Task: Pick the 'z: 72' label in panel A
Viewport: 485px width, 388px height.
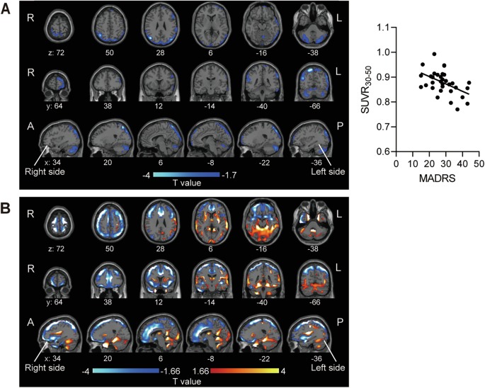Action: pos(59,52)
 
